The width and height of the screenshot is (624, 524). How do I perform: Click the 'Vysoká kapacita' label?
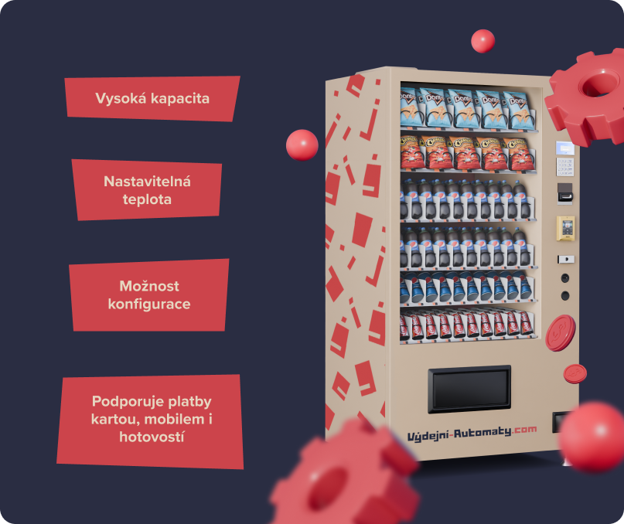[x=152, y=99]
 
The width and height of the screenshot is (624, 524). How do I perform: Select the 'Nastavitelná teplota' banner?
[x=147, y=189]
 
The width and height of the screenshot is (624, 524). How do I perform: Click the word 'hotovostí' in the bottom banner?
[x=152, y=437]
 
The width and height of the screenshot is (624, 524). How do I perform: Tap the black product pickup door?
[x=469, y=388]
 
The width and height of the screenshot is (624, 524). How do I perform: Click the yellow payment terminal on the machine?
[x=566, y=228]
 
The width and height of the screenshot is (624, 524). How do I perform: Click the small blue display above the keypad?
[x=565, y=148]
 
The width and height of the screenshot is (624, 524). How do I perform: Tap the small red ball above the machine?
[x=482, y=40]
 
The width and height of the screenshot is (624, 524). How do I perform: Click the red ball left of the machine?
[x=302, y=145]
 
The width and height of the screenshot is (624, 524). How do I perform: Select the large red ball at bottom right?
[x=593, y=437]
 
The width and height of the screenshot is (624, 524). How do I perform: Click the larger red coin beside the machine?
[x=560, y=333]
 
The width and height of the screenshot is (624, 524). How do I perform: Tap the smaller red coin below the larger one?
[x=575, y=373]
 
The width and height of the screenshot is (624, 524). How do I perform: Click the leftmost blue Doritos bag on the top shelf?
[x=411, y=108]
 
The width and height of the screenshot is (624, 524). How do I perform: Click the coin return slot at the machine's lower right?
[x=559, y=423]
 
